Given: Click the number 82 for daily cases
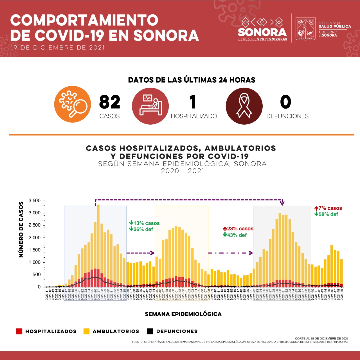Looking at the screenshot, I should coord(110,102).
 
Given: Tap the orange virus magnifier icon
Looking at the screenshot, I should coord(73,104).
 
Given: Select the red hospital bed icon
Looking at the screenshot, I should coord(150,106).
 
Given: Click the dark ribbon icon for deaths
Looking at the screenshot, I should coord(244,106).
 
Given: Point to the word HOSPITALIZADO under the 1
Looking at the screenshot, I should coord(194,116).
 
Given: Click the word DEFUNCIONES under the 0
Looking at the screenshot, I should coord(287,116).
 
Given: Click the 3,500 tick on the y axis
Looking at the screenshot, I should coord(35,201).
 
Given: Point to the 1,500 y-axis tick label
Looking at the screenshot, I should coord(35,250).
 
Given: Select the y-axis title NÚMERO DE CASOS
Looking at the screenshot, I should coord(21,229).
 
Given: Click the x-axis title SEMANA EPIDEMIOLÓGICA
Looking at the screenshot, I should coord(183,314).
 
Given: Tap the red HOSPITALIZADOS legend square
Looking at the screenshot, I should coord(19,331).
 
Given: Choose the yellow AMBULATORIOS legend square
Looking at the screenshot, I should coord(87,331).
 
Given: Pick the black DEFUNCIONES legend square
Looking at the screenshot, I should coord(150,331).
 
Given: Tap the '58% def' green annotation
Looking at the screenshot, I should coord(328,214).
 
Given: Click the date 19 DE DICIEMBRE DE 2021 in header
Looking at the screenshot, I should coord(58,48).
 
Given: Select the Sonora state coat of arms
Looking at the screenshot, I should coord(305,29).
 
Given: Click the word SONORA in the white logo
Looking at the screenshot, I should coord(262,32).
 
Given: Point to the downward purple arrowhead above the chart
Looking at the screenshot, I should coord(282,203).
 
